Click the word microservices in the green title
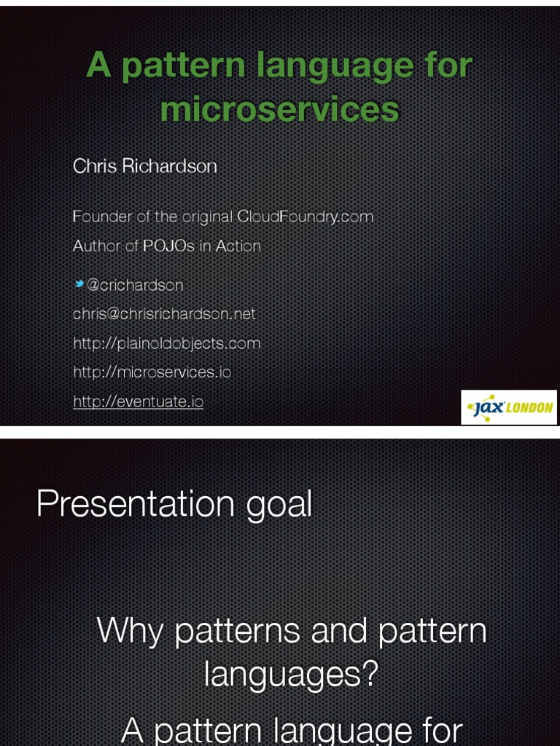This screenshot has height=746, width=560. tap(279, 110)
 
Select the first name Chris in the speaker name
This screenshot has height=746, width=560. tap(95, 166)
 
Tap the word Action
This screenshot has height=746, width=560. tap(238, 246)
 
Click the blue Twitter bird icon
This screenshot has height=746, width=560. tap(79, 284)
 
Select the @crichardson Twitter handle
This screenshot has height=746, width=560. tap(135, 285)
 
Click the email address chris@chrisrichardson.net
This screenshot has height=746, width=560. tap(164, 314)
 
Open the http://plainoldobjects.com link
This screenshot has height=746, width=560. tap(166, 343)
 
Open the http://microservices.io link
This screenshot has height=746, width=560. tap(152, 372)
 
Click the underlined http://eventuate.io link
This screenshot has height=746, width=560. tap(138, 401)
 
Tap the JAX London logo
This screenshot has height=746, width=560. tap(509, 407)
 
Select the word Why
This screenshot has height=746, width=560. tap(130, 630)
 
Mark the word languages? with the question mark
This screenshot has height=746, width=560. tap(291, 674)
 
